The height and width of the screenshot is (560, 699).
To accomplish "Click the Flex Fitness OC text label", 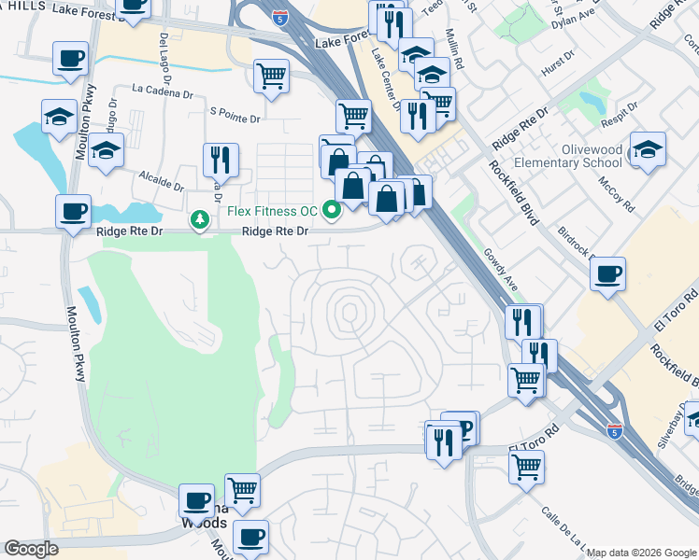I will pyautogui.click(x=271, y=210).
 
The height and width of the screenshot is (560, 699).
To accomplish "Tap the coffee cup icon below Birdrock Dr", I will pyautogui.click(x=607, y=275).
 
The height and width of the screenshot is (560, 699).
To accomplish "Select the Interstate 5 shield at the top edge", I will pyautogui.click(x=279, y=17).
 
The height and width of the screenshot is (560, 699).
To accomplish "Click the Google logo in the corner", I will pyautogui.click(x=31, y=549).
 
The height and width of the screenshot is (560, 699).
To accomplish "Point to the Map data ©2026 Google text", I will pyautogui.click(x=641, y=553).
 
